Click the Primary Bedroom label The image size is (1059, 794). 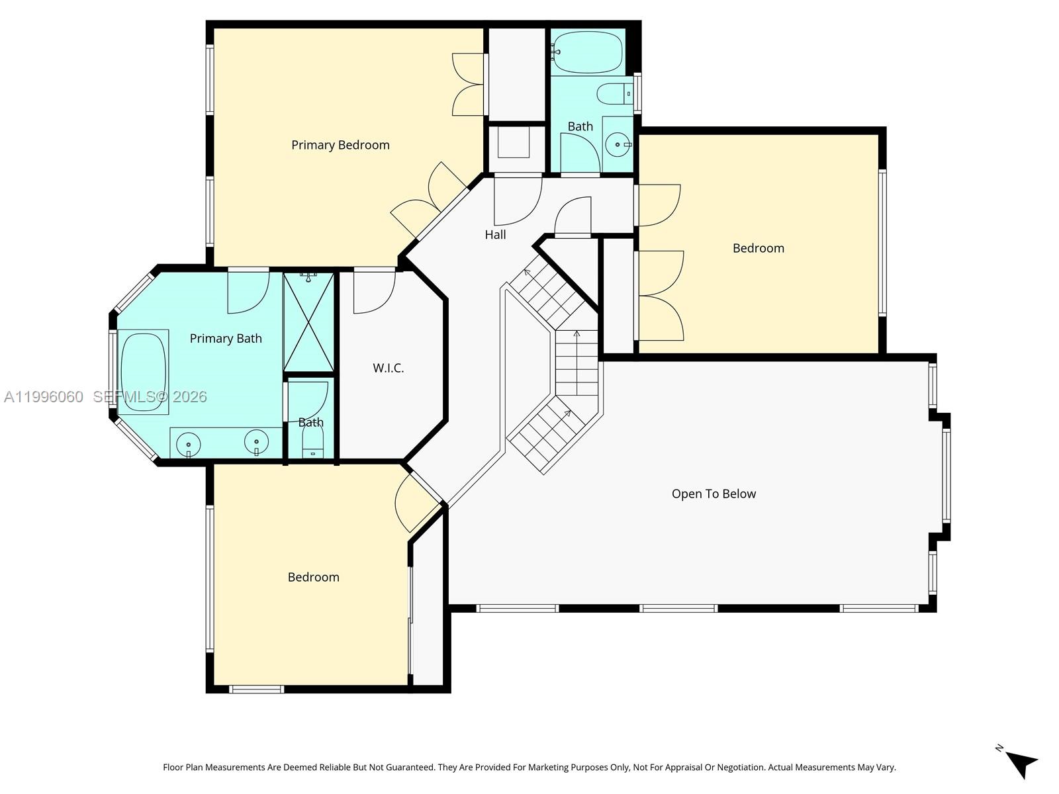click(340, 145)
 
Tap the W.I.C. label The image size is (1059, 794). click(388, 368)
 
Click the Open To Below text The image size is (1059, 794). click(714, 494)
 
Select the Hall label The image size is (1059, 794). click(495, 235)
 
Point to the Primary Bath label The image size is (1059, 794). click(226, 339)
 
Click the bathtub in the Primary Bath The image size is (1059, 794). click(144, 372)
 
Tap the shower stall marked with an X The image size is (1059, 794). click(309, 322)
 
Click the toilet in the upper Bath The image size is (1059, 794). click(615, 94)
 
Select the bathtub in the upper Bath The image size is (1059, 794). click(588, 52)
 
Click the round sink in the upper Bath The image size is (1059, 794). click(618, 144)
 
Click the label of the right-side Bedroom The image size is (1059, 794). click(758, 248)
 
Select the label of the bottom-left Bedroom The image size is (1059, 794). click(313, 577)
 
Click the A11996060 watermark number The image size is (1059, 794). click(44, 397)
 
